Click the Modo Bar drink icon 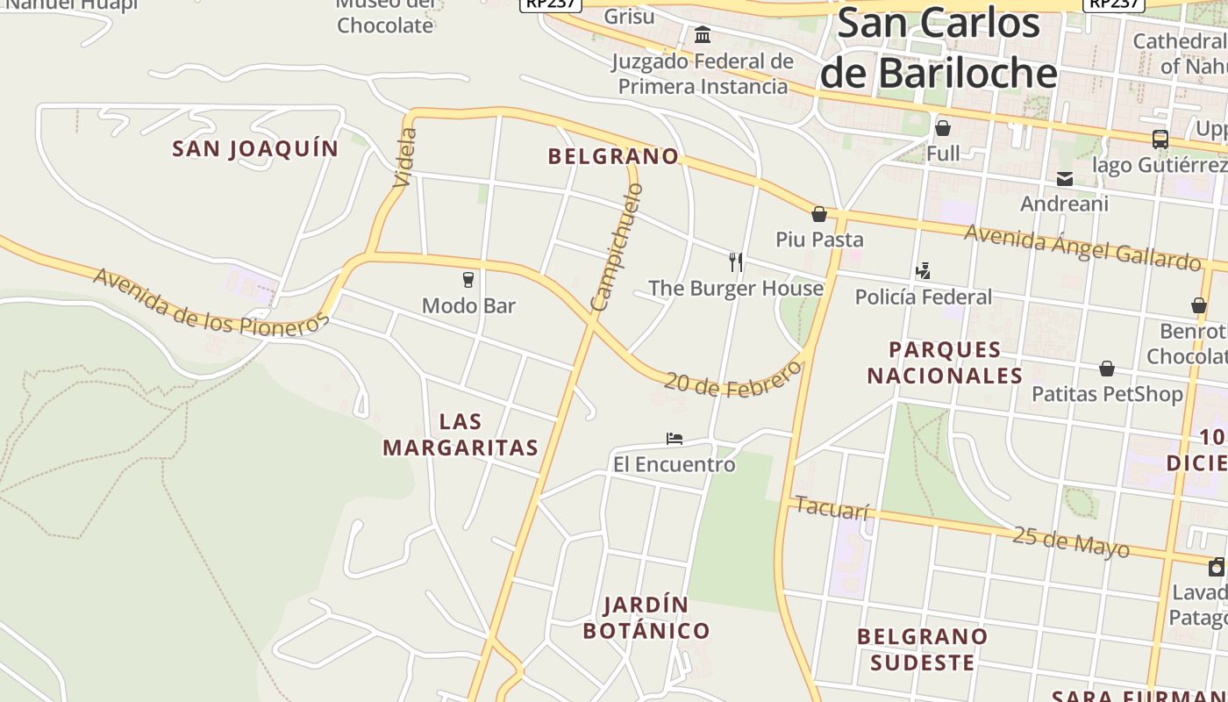pos(468,280)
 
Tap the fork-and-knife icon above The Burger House pos(736,261)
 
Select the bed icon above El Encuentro pos(674,438)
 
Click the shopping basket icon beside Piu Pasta pos(819,214)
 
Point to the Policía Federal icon pos(923,271)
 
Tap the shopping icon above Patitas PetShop pos(1107,369)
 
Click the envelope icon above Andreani pos(1065,179)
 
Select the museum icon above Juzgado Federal pos(703,35)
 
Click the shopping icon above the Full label pos(943,128)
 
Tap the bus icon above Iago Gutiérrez pos(1160,139)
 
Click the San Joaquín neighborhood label pos(255,149)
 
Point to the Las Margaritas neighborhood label pos(460,434)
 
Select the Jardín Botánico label pos(646,618)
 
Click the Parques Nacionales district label pos(945,362)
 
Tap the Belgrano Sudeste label pos(923,649)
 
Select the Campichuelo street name pos(618,247)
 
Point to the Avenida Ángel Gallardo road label pos(1082,247)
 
